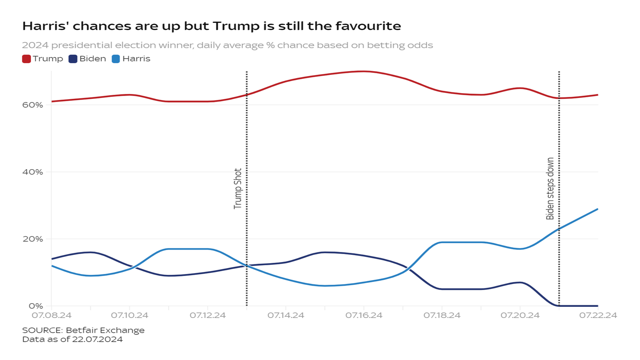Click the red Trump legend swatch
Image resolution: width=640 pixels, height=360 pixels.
pos(26,59)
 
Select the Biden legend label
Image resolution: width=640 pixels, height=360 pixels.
pos(92,59)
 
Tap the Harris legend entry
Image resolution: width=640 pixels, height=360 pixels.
pos(136,59)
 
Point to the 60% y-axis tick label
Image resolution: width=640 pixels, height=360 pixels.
pos(33,105)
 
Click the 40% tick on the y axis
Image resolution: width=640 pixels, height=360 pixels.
pos(33,172)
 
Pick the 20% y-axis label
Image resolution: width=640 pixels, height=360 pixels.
pos(33,239)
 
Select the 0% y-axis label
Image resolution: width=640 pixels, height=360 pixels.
pos(36,306)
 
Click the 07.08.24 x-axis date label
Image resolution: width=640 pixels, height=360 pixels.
pos(52,315)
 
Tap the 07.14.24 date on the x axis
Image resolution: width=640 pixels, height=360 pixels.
pos(286,315)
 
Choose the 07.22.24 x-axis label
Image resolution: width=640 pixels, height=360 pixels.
pos(598,315)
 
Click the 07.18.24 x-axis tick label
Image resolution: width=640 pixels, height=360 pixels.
pos(442,315)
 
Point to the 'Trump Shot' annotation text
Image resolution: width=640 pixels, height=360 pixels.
pos(238,188)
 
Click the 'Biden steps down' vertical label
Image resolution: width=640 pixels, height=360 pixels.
pos(550,188)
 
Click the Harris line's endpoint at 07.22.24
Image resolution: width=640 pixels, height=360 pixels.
pos(598,209)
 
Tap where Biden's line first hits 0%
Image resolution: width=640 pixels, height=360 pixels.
pos(558,306)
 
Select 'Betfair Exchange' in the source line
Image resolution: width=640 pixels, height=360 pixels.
pos(105,330)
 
